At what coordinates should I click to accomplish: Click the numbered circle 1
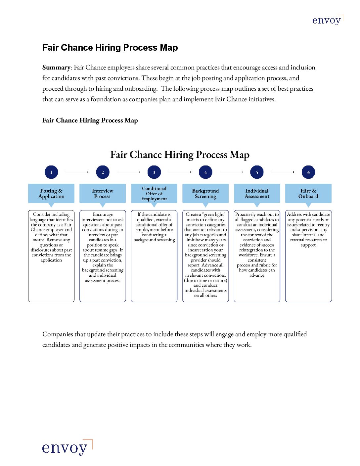(x=51, y=172)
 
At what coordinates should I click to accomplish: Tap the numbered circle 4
(x=205, y=172)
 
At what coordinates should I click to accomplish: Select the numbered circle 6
(x=308, y=172)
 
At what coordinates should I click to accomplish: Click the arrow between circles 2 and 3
(x=128, y=172)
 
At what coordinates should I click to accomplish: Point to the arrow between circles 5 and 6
(x=283, y=172)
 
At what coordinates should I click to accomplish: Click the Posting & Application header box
(x=51, y=193)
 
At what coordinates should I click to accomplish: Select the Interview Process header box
(x=103, y=193)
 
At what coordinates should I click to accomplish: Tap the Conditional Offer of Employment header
(x=154, y=193)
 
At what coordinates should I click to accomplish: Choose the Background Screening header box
(x=205, y=193)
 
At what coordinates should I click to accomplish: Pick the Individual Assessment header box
(x=257, y=193)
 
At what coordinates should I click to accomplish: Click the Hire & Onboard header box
(x=308, y=193)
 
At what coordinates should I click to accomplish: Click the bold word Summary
(x=56, y=68)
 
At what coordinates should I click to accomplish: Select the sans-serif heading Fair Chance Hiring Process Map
(x=110, y=48)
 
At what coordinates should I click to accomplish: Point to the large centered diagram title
(x=180, y=155)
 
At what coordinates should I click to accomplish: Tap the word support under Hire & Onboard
(x=308, y=245)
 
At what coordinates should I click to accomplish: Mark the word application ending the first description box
(x=51, y=260)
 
